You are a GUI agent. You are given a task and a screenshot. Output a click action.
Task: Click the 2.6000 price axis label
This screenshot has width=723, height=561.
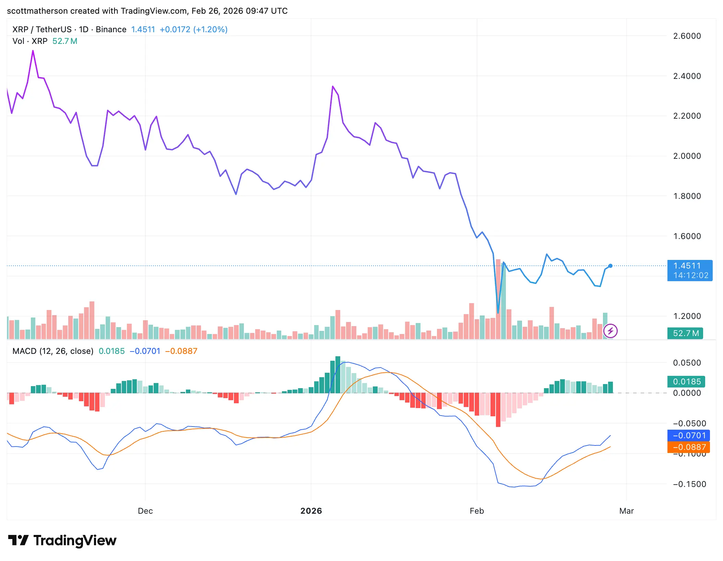[687, 36]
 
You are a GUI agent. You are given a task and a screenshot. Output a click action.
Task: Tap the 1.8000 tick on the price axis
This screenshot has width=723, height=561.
[687, 196]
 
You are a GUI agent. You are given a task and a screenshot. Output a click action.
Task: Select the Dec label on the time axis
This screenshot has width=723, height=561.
[145, 511]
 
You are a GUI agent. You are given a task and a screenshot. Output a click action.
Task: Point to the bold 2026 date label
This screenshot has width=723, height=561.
[311, 511]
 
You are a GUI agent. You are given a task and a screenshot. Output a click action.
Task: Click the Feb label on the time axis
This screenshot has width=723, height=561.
[476, 511]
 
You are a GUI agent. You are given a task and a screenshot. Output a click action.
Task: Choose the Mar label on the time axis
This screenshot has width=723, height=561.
[626, 511]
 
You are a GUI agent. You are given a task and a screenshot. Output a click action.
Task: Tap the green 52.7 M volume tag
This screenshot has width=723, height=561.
[685, 333]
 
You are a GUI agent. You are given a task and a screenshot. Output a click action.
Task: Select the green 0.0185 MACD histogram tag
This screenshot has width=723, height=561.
[686, 381]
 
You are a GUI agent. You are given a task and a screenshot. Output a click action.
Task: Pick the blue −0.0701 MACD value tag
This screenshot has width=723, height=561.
[688, 435]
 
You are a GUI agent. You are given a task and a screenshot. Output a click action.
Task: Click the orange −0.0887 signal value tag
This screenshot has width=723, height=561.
[688, 447]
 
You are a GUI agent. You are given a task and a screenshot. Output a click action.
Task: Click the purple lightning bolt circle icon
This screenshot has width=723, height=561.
[611, 331]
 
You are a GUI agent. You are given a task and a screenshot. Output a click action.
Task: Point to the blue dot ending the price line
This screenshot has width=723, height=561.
[611, 266]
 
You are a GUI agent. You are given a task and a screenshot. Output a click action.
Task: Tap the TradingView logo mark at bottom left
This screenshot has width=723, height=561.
[18, 540]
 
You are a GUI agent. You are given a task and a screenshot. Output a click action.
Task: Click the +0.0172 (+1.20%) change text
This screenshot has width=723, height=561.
[193, 29]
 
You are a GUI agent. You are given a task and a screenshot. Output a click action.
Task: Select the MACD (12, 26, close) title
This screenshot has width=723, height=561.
[53, 351]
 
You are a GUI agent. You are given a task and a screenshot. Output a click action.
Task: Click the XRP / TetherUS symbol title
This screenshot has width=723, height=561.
[42, 29]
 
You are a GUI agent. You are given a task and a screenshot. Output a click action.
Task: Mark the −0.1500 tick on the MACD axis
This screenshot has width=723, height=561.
[689, 484]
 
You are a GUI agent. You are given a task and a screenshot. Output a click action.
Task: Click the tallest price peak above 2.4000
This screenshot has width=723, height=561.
[33, 51]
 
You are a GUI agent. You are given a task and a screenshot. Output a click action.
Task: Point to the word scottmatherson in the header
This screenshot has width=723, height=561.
[37, 11]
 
